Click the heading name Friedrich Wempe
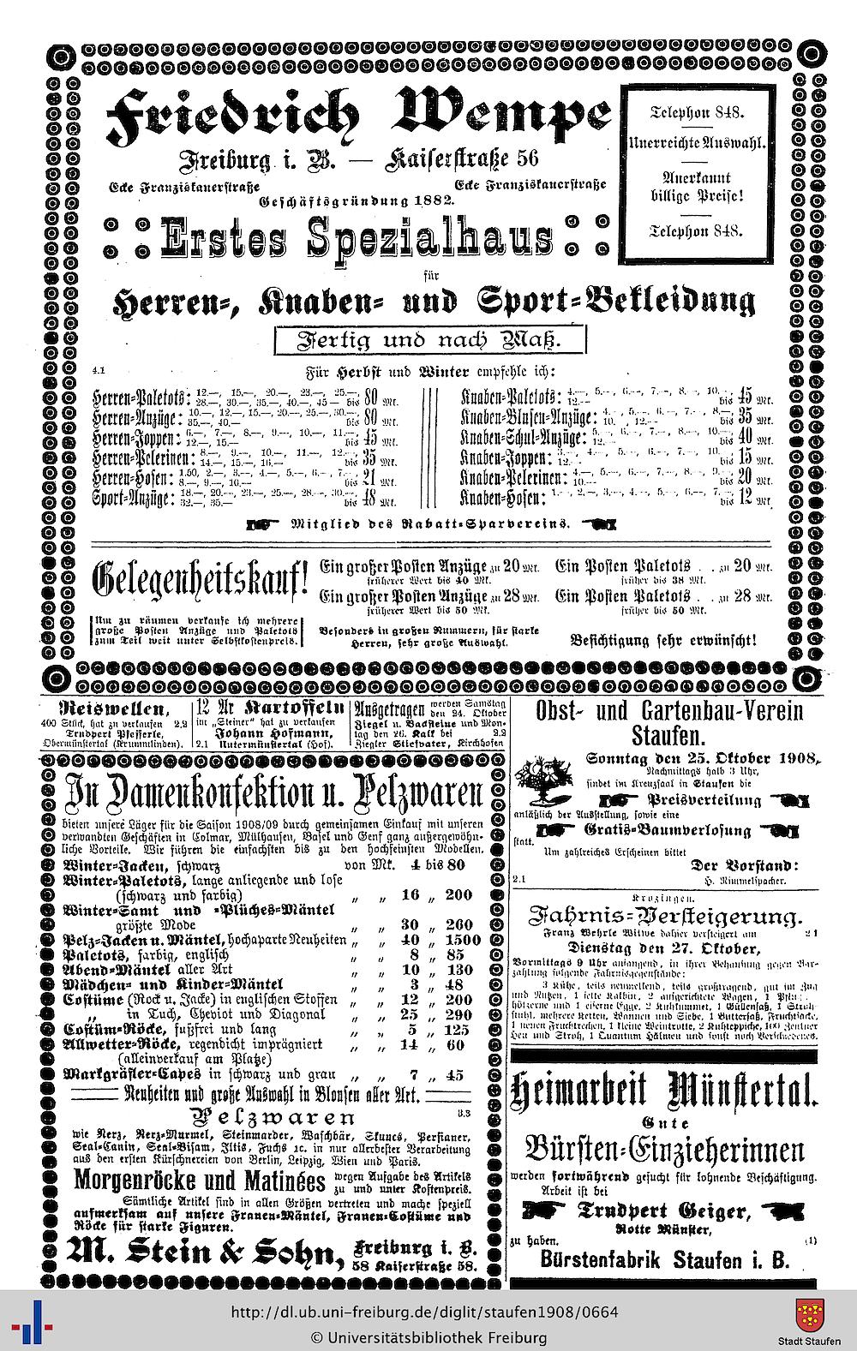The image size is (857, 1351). point(357,117)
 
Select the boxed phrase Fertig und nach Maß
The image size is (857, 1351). point(429,340)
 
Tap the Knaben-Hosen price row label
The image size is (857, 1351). point(502,499)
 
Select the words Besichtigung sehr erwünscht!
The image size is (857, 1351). point(663,639)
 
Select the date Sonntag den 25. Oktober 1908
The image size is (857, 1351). point(703,758)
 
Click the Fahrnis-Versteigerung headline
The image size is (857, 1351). point(666,917)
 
